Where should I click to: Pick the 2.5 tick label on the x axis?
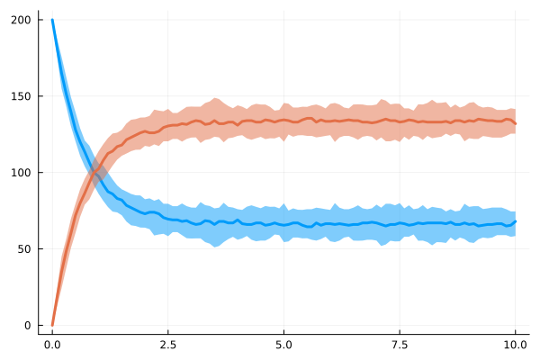pos(167,344)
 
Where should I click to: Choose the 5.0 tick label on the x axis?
pos(283,344)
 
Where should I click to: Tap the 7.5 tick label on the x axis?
pos(400,344)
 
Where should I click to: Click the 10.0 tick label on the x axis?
pos(515,344)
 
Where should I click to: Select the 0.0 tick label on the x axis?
pos(52,344)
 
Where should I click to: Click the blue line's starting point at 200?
pos(52,20)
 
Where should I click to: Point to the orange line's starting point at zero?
pos(52,325)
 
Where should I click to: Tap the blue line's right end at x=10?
pos(515,221)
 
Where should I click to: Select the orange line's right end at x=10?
pos(515,122)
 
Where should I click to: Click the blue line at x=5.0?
pos(283,224)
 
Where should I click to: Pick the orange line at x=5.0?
pos(283,120)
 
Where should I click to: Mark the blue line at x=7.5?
pos(400,223)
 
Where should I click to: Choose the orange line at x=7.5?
pos(400,121)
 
